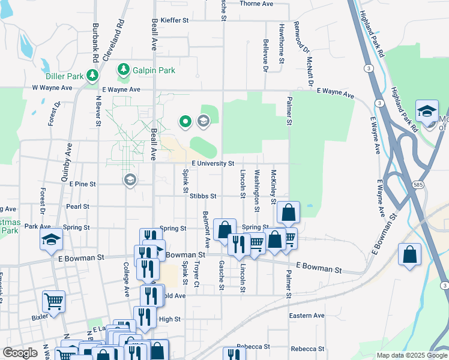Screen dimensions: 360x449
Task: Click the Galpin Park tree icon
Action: [x=124, y=70]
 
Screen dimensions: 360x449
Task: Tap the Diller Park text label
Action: [x=64, y=76]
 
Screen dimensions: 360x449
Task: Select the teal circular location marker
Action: [x=185, y=122]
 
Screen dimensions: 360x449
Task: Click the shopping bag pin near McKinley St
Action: [x=288, y=212]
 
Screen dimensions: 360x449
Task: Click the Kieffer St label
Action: [x=172, y=20]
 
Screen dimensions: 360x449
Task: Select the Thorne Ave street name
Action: [x=256, y=4]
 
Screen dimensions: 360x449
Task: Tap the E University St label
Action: [x=212, y=163]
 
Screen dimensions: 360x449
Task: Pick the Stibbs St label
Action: [x=203, y=196]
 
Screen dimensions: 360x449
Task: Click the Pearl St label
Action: [x=77, y=206]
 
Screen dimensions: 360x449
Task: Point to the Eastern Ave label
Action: [x=306, y=316]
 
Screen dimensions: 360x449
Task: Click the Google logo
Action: [x=20, y=353]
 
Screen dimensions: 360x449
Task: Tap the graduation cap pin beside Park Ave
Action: [x=52, y=240]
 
